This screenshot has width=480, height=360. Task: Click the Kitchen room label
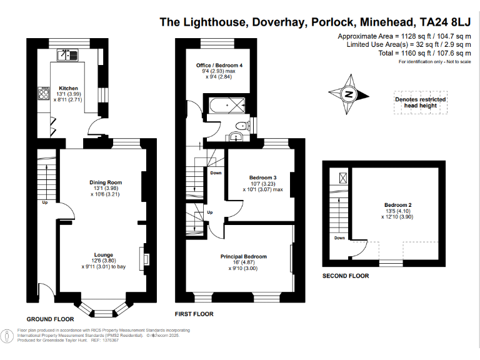click(x=68, y=88)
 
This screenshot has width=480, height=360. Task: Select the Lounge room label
click(x=103, y=255)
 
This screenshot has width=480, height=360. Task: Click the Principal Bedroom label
click(x=243, y=257)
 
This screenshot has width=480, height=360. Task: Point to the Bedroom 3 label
click(x=262, y=177)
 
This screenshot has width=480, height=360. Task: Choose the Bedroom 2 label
click(x=397, y=205)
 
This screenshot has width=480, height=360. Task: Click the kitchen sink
click(x=68, y=56)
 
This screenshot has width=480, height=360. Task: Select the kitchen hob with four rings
click(x=44, y=94)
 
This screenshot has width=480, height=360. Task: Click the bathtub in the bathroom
click(x=227, y=104)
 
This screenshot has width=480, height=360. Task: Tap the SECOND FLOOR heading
click(x=345, y=276)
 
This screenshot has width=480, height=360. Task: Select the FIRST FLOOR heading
click(x=194, y=314)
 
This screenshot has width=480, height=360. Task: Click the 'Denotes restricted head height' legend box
click(x=420, y=103)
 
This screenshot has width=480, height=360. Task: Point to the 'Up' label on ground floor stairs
click(x=44, y=202)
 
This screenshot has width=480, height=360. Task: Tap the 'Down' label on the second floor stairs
click(x=339, y=237)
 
